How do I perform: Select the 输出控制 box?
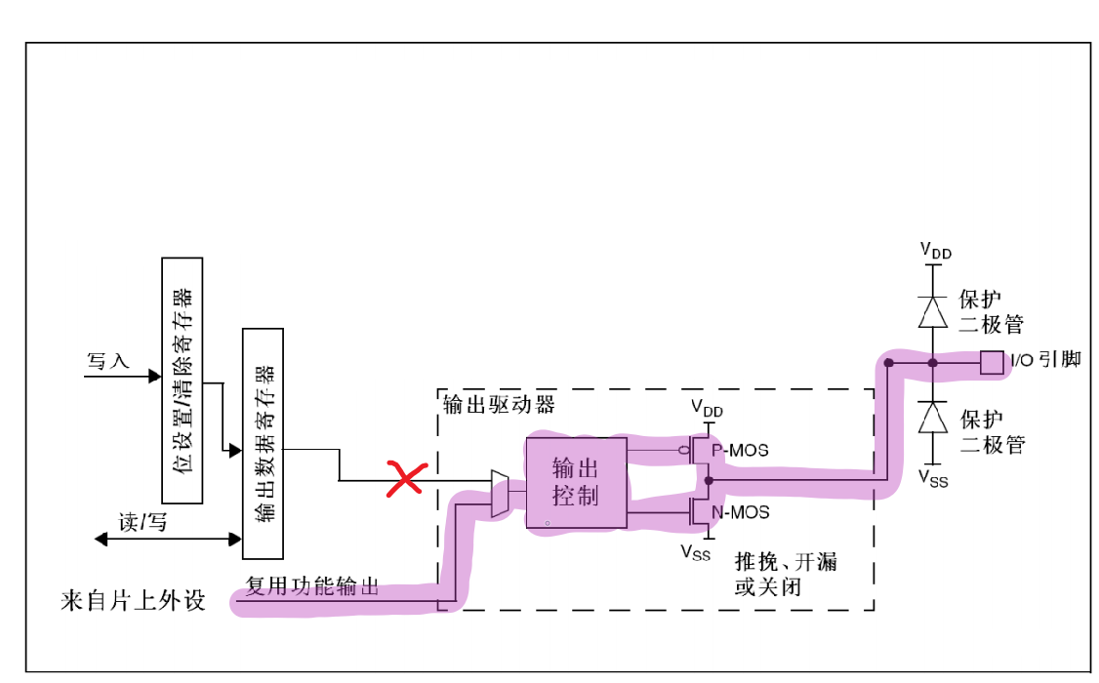point(575,482)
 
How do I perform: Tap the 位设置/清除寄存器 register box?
point(183,381)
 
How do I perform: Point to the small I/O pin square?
point(992,363)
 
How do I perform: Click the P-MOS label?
point(740,451)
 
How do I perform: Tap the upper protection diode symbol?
point(934,311)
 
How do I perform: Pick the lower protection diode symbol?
point(934,418)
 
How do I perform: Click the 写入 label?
point(108,361)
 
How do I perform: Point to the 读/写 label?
point(143,523)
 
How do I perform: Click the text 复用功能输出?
point(311,587)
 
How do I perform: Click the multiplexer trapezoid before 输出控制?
point(500,493)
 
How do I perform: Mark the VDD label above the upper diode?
point(935,252)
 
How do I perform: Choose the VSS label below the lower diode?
point(935,478)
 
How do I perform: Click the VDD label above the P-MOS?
point(708,409)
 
